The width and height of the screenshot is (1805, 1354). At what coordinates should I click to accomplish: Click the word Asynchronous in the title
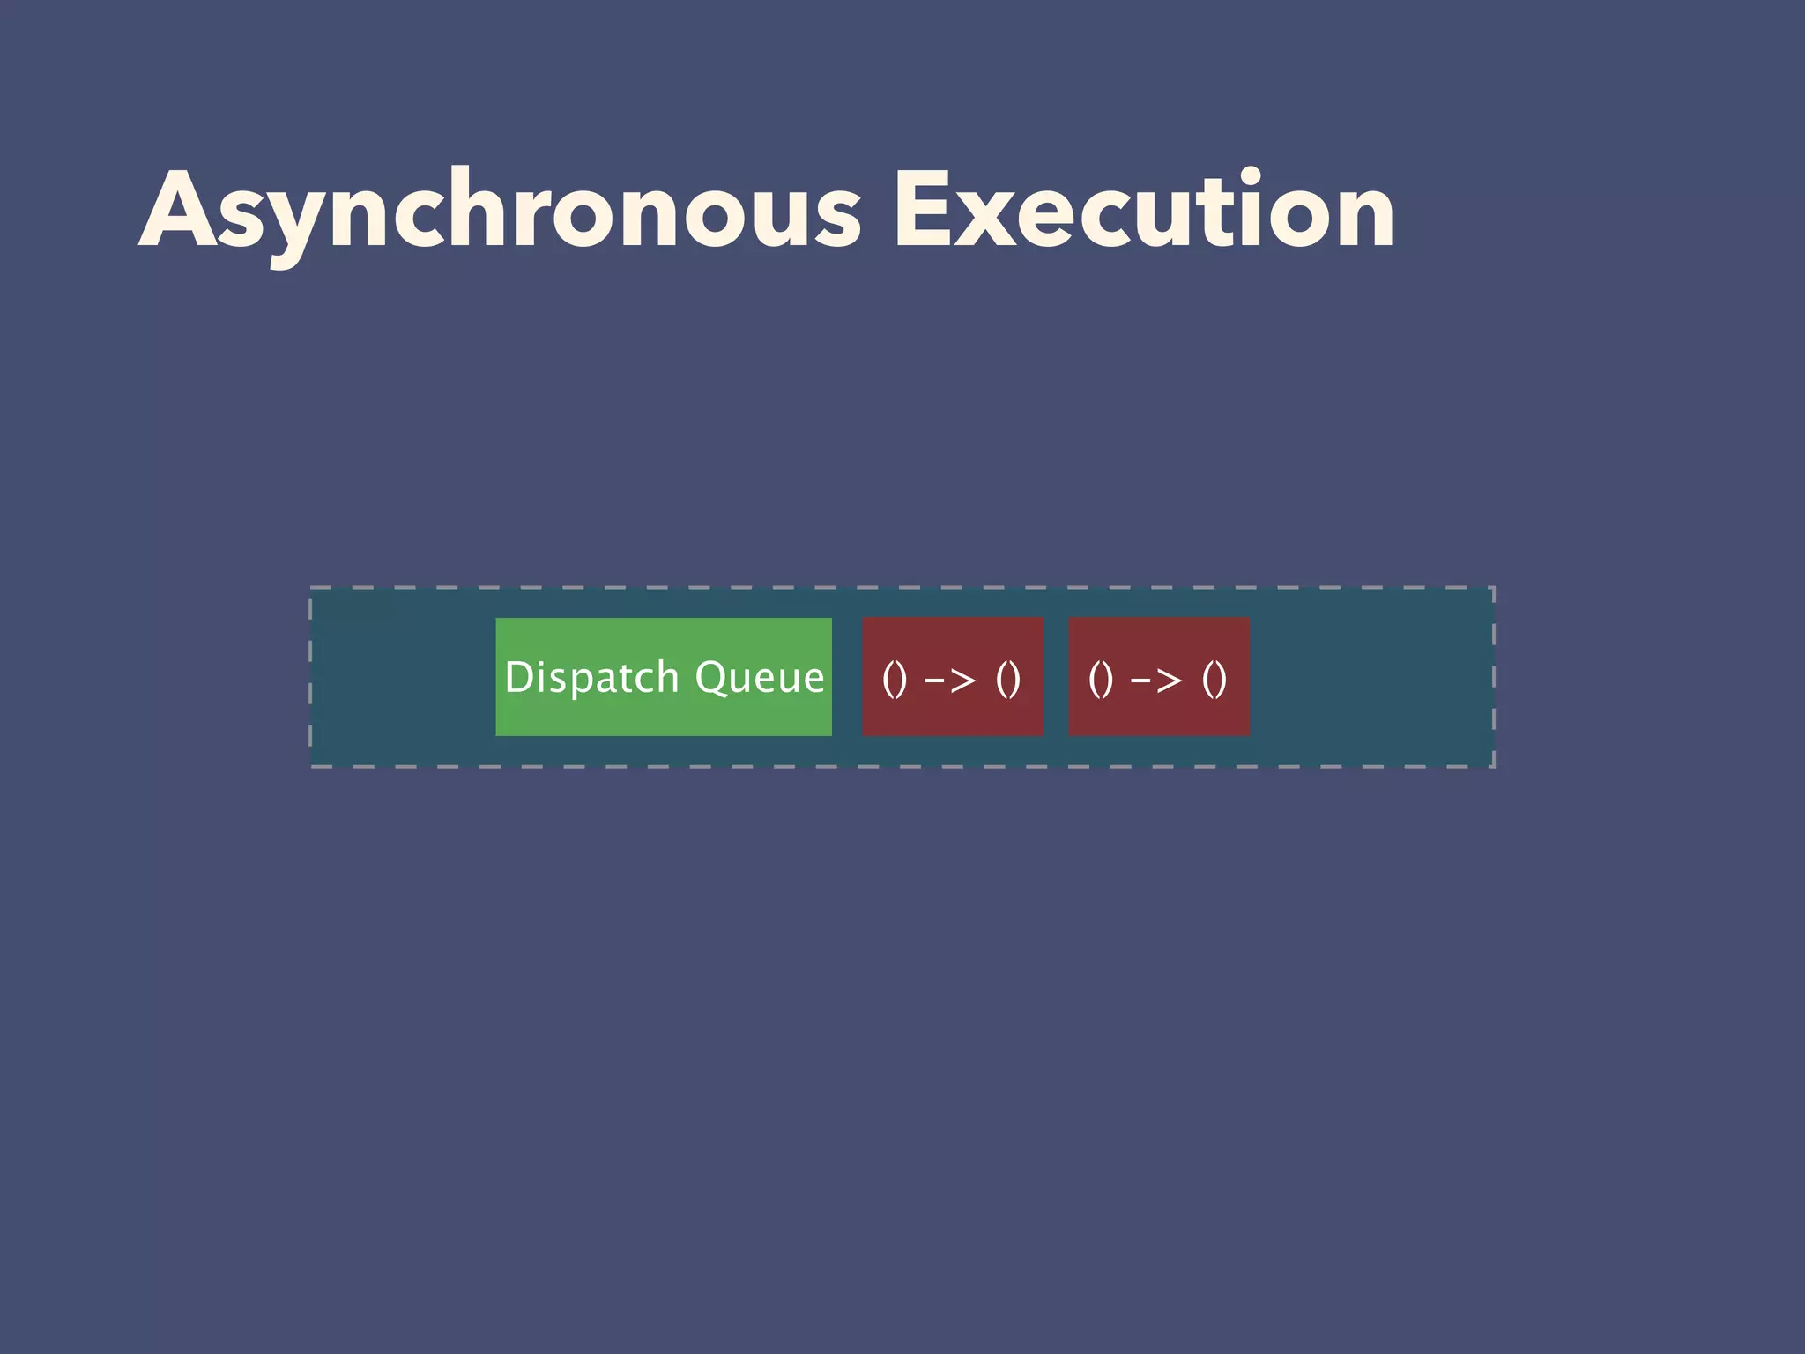(500, 212)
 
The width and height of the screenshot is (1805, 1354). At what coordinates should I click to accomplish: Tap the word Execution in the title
(1144, 212)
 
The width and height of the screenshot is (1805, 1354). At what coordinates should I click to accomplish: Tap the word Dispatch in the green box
(592, 678)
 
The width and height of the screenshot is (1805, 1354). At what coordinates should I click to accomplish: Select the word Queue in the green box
(759, 678)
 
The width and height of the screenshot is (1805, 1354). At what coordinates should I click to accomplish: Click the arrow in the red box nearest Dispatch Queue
(950, 680)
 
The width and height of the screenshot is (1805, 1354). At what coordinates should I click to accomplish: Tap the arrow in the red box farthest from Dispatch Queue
(1156, 680)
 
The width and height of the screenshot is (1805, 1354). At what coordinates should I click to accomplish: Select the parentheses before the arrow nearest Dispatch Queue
(895, 679)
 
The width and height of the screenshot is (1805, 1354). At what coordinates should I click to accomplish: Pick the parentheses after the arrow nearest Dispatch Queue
(1008, 679)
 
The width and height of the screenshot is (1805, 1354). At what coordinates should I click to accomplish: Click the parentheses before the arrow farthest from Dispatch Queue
(1101, 679)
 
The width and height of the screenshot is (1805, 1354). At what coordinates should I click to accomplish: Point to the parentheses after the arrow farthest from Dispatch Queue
(1214, 679)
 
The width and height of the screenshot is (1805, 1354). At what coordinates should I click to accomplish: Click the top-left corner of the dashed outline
(311, 588)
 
